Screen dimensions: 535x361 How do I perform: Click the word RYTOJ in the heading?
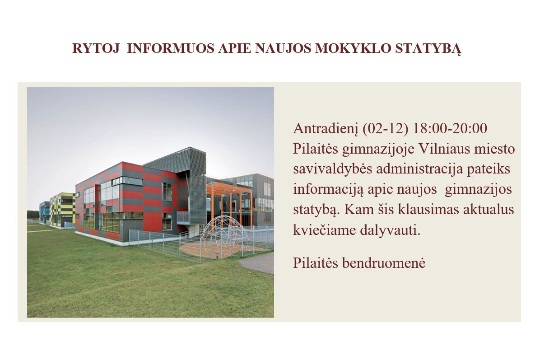click(96, 48)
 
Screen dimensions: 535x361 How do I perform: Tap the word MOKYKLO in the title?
click(353, 48)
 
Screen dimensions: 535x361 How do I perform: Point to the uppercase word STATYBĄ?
click(428, 49)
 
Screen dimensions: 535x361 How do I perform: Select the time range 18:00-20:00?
click(450, 128)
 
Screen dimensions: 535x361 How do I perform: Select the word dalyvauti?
click(391, 230)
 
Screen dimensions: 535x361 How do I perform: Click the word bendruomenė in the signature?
click(383, 263)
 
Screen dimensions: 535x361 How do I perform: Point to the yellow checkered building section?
click(62, 210)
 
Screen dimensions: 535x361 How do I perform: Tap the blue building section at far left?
click(44, 212)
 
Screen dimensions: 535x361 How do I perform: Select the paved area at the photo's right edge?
click(258, 263)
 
